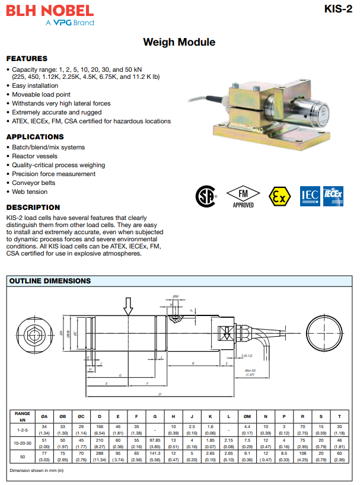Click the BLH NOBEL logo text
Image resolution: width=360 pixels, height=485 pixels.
tap(50, 11)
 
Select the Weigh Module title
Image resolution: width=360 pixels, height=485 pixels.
tap(179, 43)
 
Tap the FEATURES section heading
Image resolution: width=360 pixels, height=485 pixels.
tap(26, 59)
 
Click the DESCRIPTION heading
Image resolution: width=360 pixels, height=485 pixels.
tap(33, 208)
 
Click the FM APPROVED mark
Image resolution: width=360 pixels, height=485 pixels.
tap(243, 197)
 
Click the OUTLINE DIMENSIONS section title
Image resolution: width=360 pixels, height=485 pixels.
tap(50, 280)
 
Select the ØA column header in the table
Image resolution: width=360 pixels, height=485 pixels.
tap(44, 416)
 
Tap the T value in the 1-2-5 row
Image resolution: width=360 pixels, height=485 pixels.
tap(339, 429)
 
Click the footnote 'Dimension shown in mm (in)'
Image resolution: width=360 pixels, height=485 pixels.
tap(36, 471)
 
